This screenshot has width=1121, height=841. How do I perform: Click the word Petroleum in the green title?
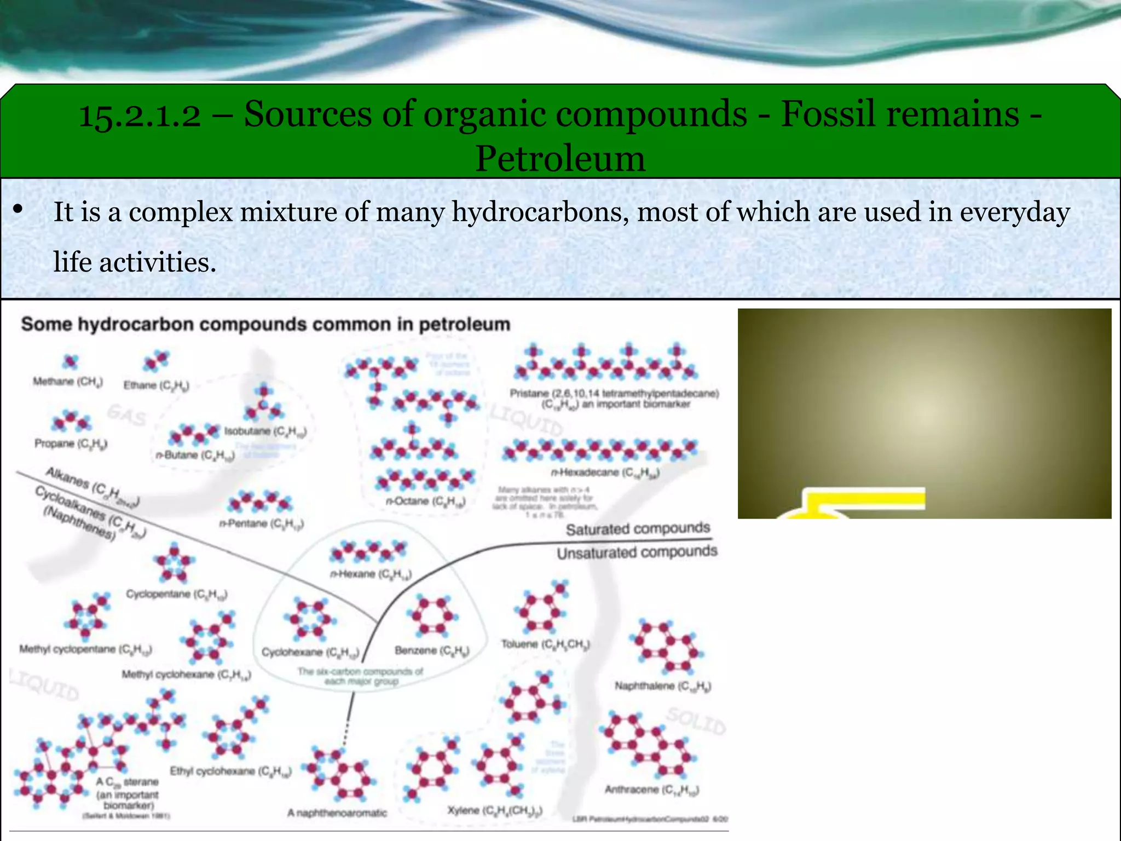pos(560,159)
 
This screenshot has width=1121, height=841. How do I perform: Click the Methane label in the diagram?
pos(67,382)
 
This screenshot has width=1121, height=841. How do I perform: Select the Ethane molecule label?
pos(156,385)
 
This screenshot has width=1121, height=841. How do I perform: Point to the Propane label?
pos(71,443)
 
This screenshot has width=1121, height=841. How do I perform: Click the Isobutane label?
pos(265,431)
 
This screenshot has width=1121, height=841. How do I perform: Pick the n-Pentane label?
pos(261,523)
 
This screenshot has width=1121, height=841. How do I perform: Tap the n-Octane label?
pos(425,501)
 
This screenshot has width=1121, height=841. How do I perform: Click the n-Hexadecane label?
pos(605,472)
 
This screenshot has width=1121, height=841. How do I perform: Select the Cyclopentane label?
pos(176,594)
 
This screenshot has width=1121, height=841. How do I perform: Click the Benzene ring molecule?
pos(432,615)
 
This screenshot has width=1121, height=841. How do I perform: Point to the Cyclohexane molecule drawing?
pos(309,619)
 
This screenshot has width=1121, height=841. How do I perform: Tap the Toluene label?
pos(545,644)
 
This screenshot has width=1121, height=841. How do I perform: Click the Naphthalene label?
pos(662,686)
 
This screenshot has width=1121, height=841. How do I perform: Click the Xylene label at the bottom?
pos(495,810)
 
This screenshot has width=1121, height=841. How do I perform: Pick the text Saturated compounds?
pos(638,529)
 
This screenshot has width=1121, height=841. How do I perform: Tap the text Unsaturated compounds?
pos(637,552)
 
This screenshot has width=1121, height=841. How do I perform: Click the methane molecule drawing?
pos(70,361)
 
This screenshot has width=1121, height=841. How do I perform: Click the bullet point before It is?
pos(18,209)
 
